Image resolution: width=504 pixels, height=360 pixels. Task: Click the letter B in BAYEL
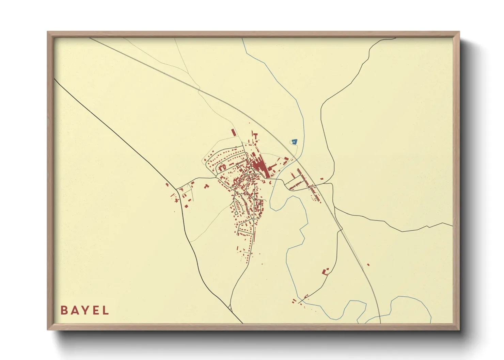click(x=64, y=310)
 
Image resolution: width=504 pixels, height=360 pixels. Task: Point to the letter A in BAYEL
click(x=74, y=310)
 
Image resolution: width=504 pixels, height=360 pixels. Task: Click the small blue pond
click(x=294, y=141)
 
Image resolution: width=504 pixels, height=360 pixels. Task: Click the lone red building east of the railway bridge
click(x=321, y=179)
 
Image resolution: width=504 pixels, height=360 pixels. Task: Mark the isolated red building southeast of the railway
click(x=368, y=264)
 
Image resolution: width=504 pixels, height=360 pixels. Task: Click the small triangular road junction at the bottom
click(x=230, y=308)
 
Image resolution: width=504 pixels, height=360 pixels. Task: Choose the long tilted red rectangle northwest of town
click(x=234, y=132)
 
